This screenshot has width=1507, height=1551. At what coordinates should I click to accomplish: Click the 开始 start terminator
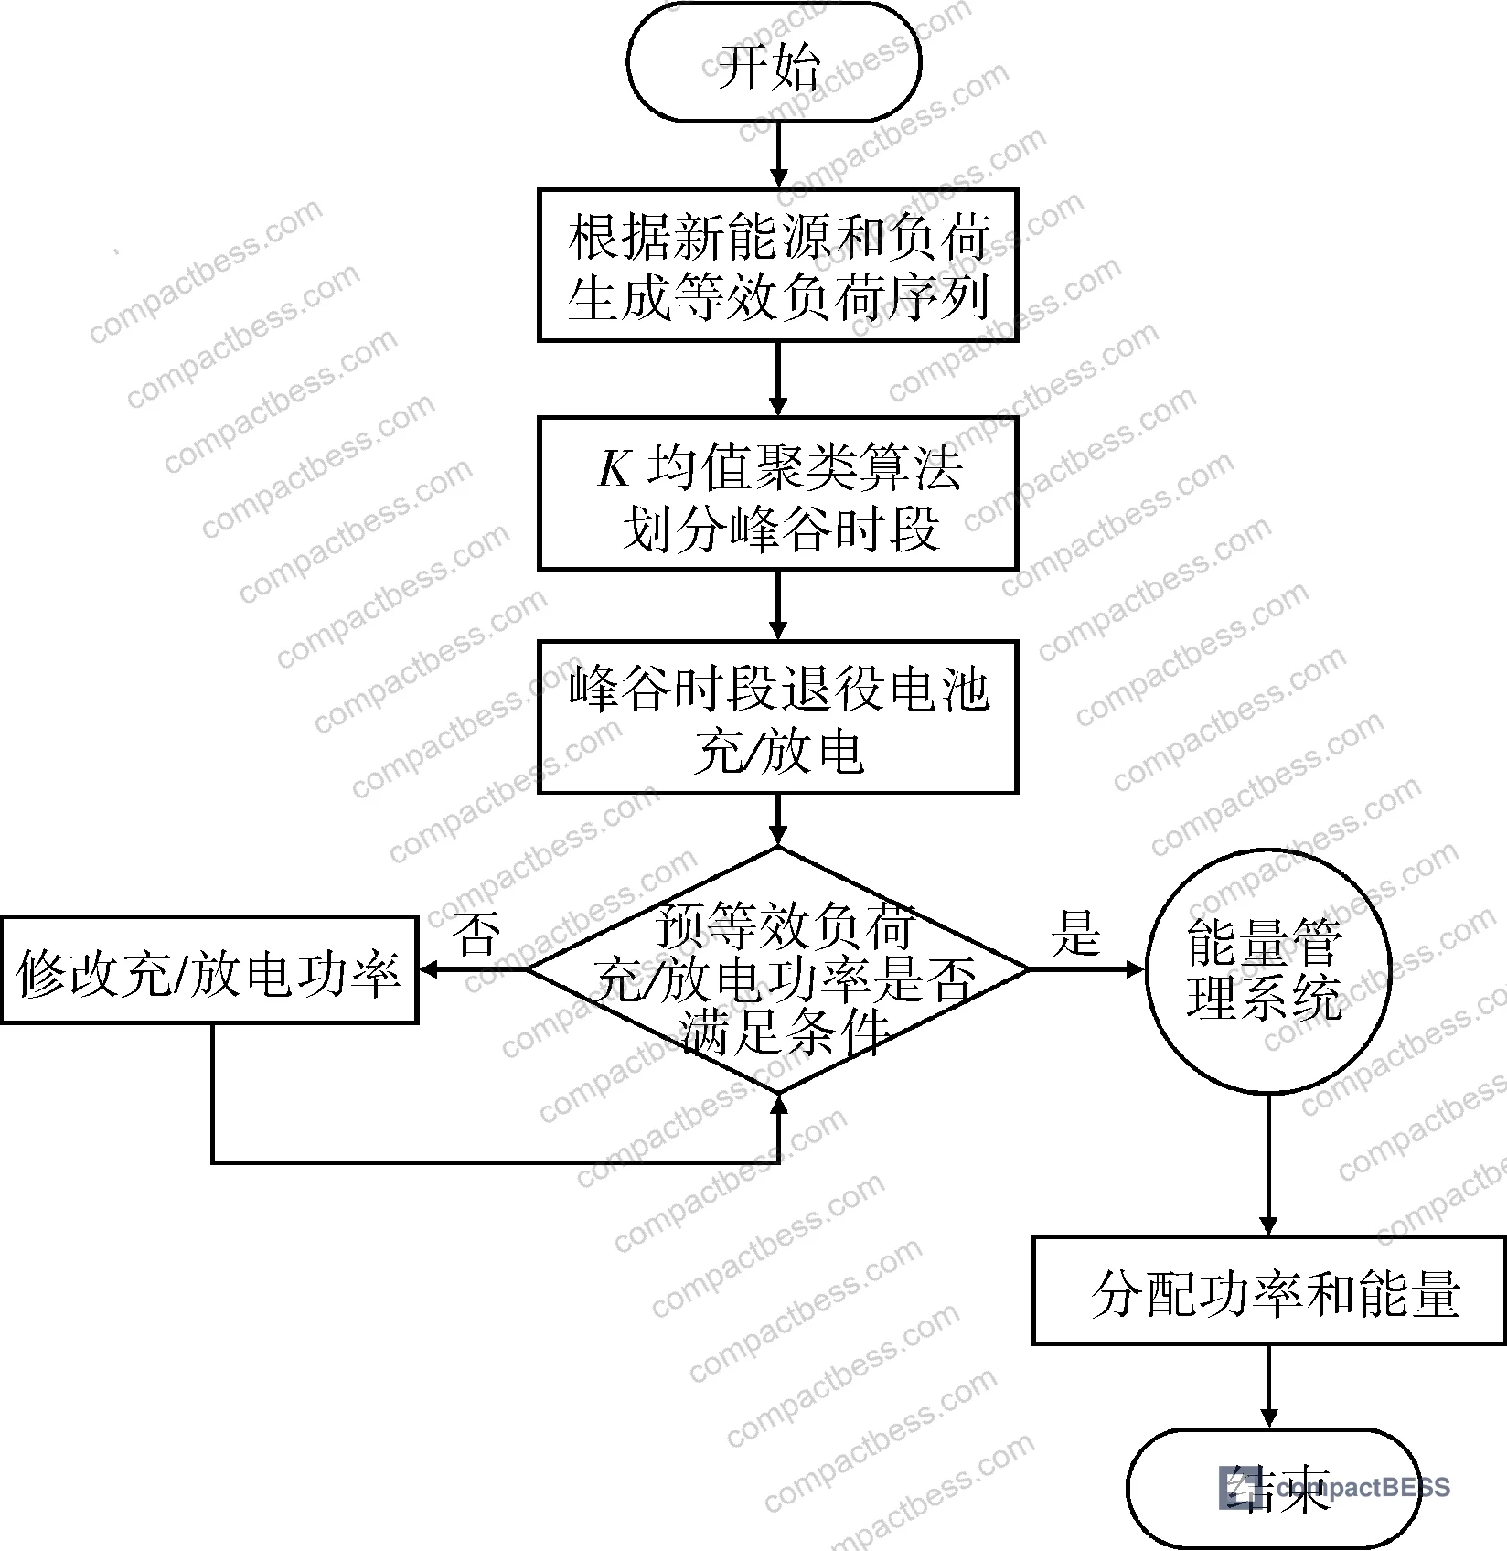pyautogui.click(x=774, y=62)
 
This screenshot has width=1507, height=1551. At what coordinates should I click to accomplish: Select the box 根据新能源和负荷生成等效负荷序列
pyautogui.click(x=777, y=265)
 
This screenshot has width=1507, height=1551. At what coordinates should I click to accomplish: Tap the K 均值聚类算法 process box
pyautogui.click(x=777, y=494)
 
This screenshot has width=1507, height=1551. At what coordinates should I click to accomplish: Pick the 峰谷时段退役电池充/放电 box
pyautogui.click(x=777, y=716)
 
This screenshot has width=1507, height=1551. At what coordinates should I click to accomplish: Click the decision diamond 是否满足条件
pyautogui.click(x=777, y=969)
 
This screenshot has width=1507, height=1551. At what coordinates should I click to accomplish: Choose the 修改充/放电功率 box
pyautogui.click(x=209, y=970)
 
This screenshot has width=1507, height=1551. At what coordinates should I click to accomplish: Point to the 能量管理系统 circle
pyautogui.click(x=1268, y=970)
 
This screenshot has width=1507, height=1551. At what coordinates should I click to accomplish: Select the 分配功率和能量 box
pyautogui.click(x=1269, y=1290)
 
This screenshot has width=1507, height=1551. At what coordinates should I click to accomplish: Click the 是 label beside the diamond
pyautogui.click(x=1075, y=934)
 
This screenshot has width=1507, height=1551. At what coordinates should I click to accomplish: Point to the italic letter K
pyautogui.click(x=615, y=469)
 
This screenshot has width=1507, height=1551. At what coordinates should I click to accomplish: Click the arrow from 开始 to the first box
pyautogui.click(x=778, y=155)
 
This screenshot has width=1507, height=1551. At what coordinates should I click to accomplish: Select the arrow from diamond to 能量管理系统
pyautogui.click(x=1087, y=969)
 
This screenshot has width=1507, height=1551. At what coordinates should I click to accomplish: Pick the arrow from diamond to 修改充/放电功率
pyautogui.click(x=473, y=969)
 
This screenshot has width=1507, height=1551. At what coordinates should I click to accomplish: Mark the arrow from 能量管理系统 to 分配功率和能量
pyautogui.click(x=1268, y=1165)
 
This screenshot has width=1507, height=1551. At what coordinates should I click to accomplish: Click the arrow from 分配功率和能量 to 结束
pyautogui.click(x=1268, y=1386)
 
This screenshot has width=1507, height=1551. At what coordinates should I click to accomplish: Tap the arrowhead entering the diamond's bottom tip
pyautogui.click(x=778, y=1105)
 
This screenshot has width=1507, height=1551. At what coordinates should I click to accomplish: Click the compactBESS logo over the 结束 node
pyautogui.click(x=1334, y=1487)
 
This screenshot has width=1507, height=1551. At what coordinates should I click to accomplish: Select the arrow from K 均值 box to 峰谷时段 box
pyautogui.click(x=778, y=604)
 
